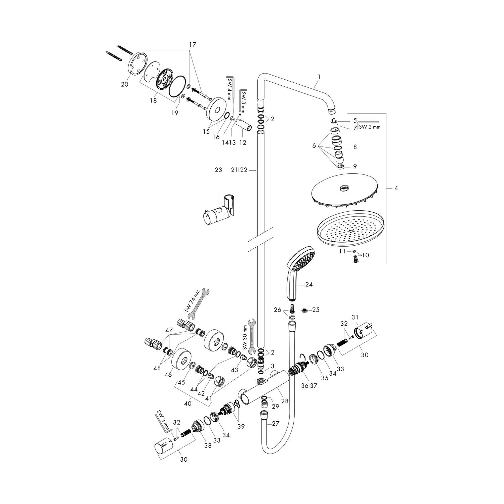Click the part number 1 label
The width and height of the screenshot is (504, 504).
pos(319,77)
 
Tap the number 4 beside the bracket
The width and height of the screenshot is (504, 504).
pos(396,188)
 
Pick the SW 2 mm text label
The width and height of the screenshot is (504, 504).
pos(370,127)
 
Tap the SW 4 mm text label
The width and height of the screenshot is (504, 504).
pos(229,89)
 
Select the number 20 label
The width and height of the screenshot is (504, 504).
pos(124,85)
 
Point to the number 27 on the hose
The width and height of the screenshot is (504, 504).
pos(276,424)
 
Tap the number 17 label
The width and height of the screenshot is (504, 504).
pos(192,44)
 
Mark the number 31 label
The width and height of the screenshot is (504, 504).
pos(355,317)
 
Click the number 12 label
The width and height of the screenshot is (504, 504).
pos(242,142)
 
